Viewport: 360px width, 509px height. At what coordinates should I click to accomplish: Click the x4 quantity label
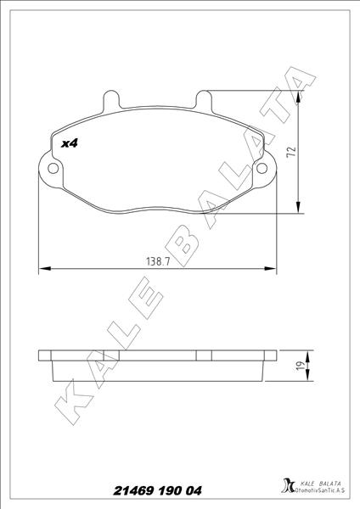coord(70,143)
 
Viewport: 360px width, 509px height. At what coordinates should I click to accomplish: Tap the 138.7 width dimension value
coord(158,261)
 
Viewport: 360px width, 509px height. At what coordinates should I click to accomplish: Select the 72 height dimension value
coord(292,152)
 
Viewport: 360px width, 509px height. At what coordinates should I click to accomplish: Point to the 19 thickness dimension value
coord(302,365)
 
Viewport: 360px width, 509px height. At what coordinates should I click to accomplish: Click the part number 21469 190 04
coord(157,490)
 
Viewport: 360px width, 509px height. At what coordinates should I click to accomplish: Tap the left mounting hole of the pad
coord(53,168)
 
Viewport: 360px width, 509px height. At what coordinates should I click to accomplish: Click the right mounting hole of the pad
coord(262,168)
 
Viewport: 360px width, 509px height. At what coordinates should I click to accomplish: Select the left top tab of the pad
coord(111,99)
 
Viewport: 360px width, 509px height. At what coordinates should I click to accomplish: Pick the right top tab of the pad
coord(204,99)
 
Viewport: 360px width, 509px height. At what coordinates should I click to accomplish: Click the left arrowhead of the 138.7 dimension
coord(45,268)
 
